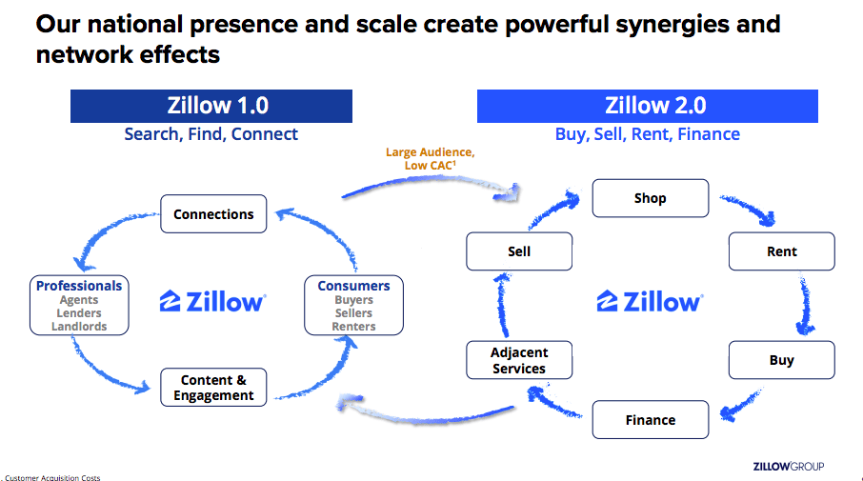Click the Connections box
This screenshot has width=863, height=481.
tap(213, 214)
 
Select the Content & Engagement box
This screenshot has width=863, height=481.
tap(213, 388)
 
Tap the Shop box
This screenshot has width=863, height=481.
tap(650, 199)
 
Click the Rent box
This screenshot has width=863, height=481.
tap(781, 251)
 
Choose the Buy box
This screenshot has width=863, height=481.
tap(781, 361)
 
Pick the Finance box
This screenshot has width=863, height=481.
tap(650, 420)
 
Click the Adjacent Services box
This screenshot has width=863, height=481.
tap(519, 360)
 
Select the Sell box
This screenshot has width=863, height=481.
tap(519, 251)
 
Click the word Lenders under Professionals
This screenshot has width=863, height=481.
tap(79, 313)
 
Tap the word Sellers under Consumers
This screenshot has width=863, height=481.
tap(353, 313)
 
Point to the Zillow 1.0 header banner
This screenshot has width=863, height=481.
tap(211, 106)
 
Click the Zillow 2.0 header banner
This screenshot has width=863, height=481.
tap(647, 106)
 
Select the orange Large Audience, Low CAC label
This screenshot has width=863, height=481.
tap(430, 159)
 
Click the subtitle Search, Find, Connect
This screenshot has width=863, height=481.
tap(211, 134)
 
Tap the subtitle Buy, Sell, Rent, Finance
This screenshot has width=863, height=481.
tap(647, 134)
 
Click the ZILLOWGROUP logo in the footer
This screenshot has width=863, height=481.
tap(788, 466)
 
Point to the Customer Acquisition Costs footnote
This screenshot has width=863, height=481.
tap(52, 477)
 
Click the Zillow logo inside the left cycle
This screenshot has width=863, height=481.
tap(213, 302)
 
